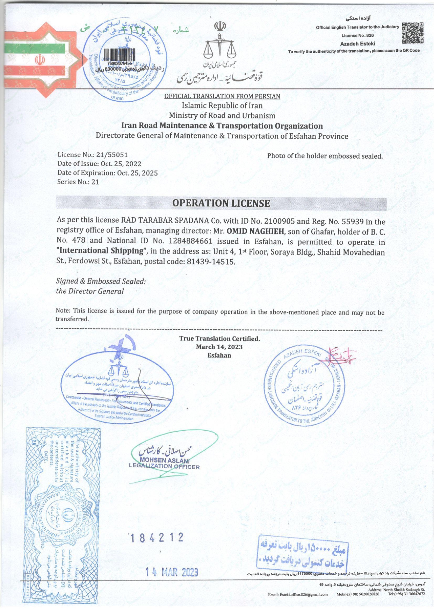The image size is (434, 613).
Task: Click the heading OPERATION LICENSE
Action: pyautogui.click(x=221, y=203)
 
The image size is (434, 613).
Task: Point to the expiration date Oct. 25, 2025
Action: pyautogui.click(x=137, y=173)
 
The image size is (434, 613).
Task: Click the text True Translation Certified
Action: pyautogui.click(x=219, y=338)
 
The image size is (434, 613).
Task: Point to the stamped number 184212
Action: pyautogui.click(x=157, y=538)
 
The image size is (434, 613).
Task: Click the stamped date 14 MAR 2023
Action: pyautogui.click(x=172, y=572)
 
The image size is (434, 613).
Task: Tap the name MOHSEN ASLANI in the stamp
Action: pyautogui.click(x=164, y=460)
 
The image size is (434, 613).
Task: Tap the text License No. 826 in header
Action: pyautogui.click(x=357, y=36)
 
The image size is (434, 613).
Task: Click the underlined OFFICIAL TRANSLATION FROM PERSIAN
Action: pyautogui.click(x=222, y=96)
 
